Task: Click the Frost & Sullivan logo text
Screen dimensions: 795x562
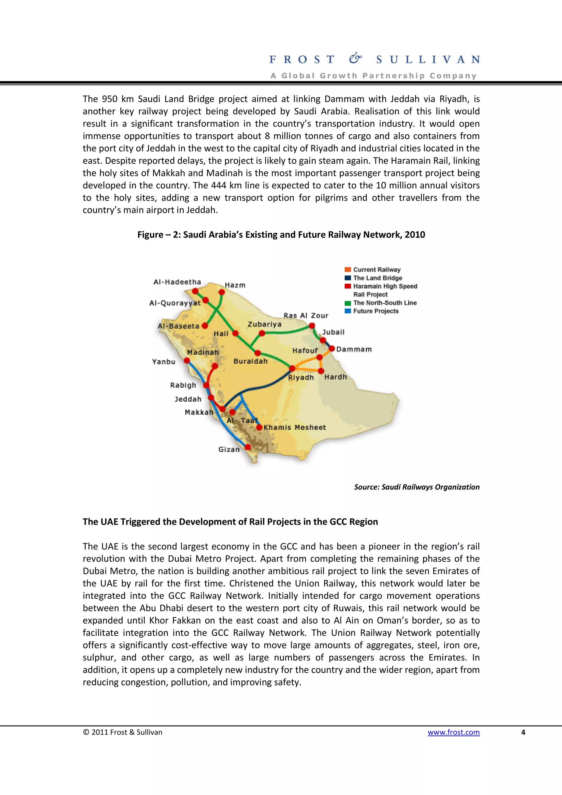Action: click(374, 60)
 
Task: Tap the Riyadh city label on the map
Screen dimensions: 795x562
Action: click(300, 377)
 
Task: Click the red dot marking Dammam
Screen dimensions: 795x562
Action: click(331, 348)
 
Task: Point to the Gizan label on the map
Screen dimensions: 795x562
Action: click(229, 449)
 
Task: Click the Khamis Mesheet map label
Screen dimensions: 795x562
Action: click(295, 427)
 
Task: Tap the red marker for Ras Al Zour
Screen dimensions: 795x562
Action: click(312, 325)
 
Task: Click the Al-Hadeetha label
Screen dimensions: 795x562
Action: click(177, 282)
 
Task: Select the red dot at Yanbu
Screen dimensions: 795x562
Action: click(187, 360)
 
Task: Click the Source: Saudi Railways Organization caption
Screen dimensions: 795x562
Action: click(417, 487)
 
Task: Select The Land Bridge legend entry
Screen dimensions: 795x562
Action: click(377, 278)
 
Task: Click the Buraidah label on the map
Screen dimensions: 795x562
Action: click(250, 361)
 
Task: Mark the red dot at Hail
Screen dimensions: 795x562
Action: click(235, 333)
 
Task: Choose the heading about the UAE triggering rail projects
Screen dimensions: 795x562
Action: click(230, 521)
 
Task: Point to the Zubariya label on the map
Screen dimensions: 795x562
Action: click(264, 324)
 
